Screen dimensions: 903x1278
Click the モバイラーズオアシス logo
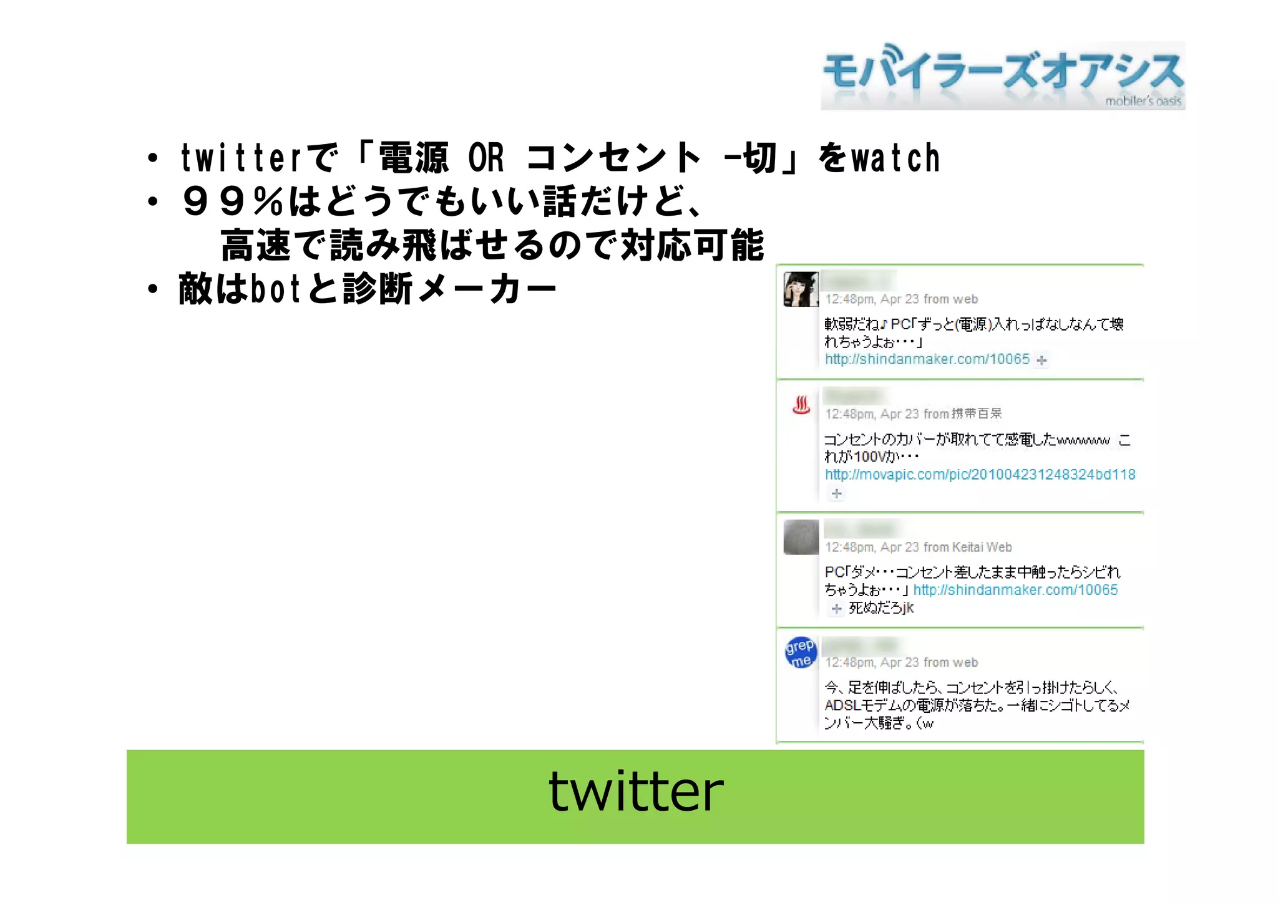coord(1002,75)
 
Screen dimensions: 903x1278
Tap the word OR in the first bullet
coord(485,158)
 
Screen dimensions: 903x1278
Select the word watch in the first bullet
coord(895,158)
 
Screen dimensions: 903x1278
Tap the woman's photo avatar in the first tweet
coord(801,289)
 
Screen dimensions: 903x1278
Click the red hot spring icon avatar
coord(801,405)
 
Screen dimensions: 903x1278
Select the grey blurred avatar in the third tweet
coord(801,537)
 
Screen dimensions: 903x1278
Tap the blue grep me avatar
coord(801,653)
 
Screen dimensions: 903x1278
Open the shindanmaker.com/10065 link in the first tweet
coord(927,359)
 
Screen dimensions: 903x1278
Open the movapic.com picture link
coord(980,475)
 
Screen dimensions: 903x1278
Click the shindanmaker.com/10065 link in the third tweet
coord(1015,590)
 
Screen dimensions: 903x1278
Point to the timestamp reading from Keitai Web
coord(918,548)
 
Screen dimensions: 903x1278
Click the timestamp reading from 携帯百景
coord(913,414)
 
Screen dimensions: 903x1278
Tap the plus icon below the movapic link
coord(837,494)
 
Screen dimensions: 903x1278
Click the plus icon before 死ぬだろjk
coord(837,609)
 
